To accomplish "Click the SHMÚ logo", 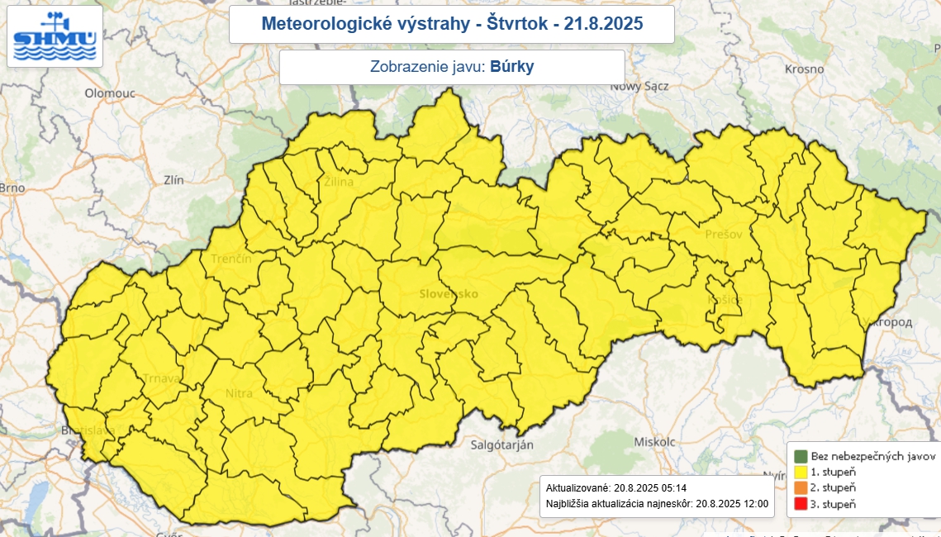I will [55, 36].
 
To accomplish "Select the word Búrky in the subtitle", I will [512, 67].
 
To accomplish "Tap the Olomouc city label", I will [109, 93].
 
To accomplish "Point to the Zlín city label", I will [173, 179].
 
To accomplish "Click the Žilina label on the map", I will [338, 182].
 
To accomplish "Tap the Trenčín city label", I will [231, 259].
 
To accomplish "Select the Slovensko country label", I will [449, 294].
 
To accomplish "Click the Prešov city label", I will [724, 235].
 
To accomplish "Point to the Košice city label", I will [725, 299].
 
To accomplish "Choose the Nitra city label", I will [239, 393].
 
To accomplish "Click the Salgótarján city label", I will [502, 444].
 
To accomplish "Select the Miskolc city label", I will [655, 442].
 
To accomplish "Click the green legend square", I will [800, 456].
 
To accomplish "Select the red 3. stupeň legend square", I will [800, 504].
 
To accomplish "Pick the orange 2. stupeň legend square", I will [800, 488].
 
